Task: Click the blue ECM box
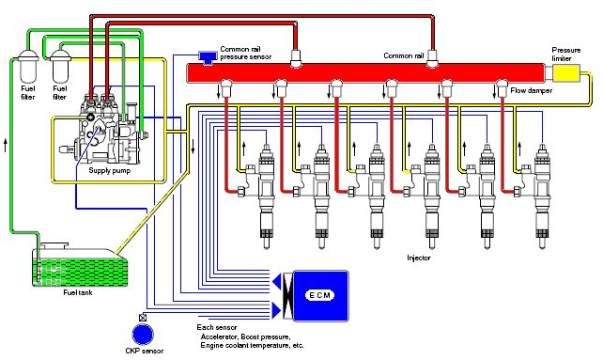pyautogui.click(x=320, y=295)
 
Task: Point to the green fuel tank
pyautogui.click(x=74, y=267)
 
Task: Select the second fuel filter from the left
pyautogui.click(x=61, y=68)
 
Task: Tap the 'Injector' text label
pyautogui.click(x=418, y=256)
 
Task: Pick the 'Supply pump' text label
pyautogui.click(x=111, y=171)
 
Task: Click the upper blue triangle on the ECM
pyautogui.click(x=278, y=281)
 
